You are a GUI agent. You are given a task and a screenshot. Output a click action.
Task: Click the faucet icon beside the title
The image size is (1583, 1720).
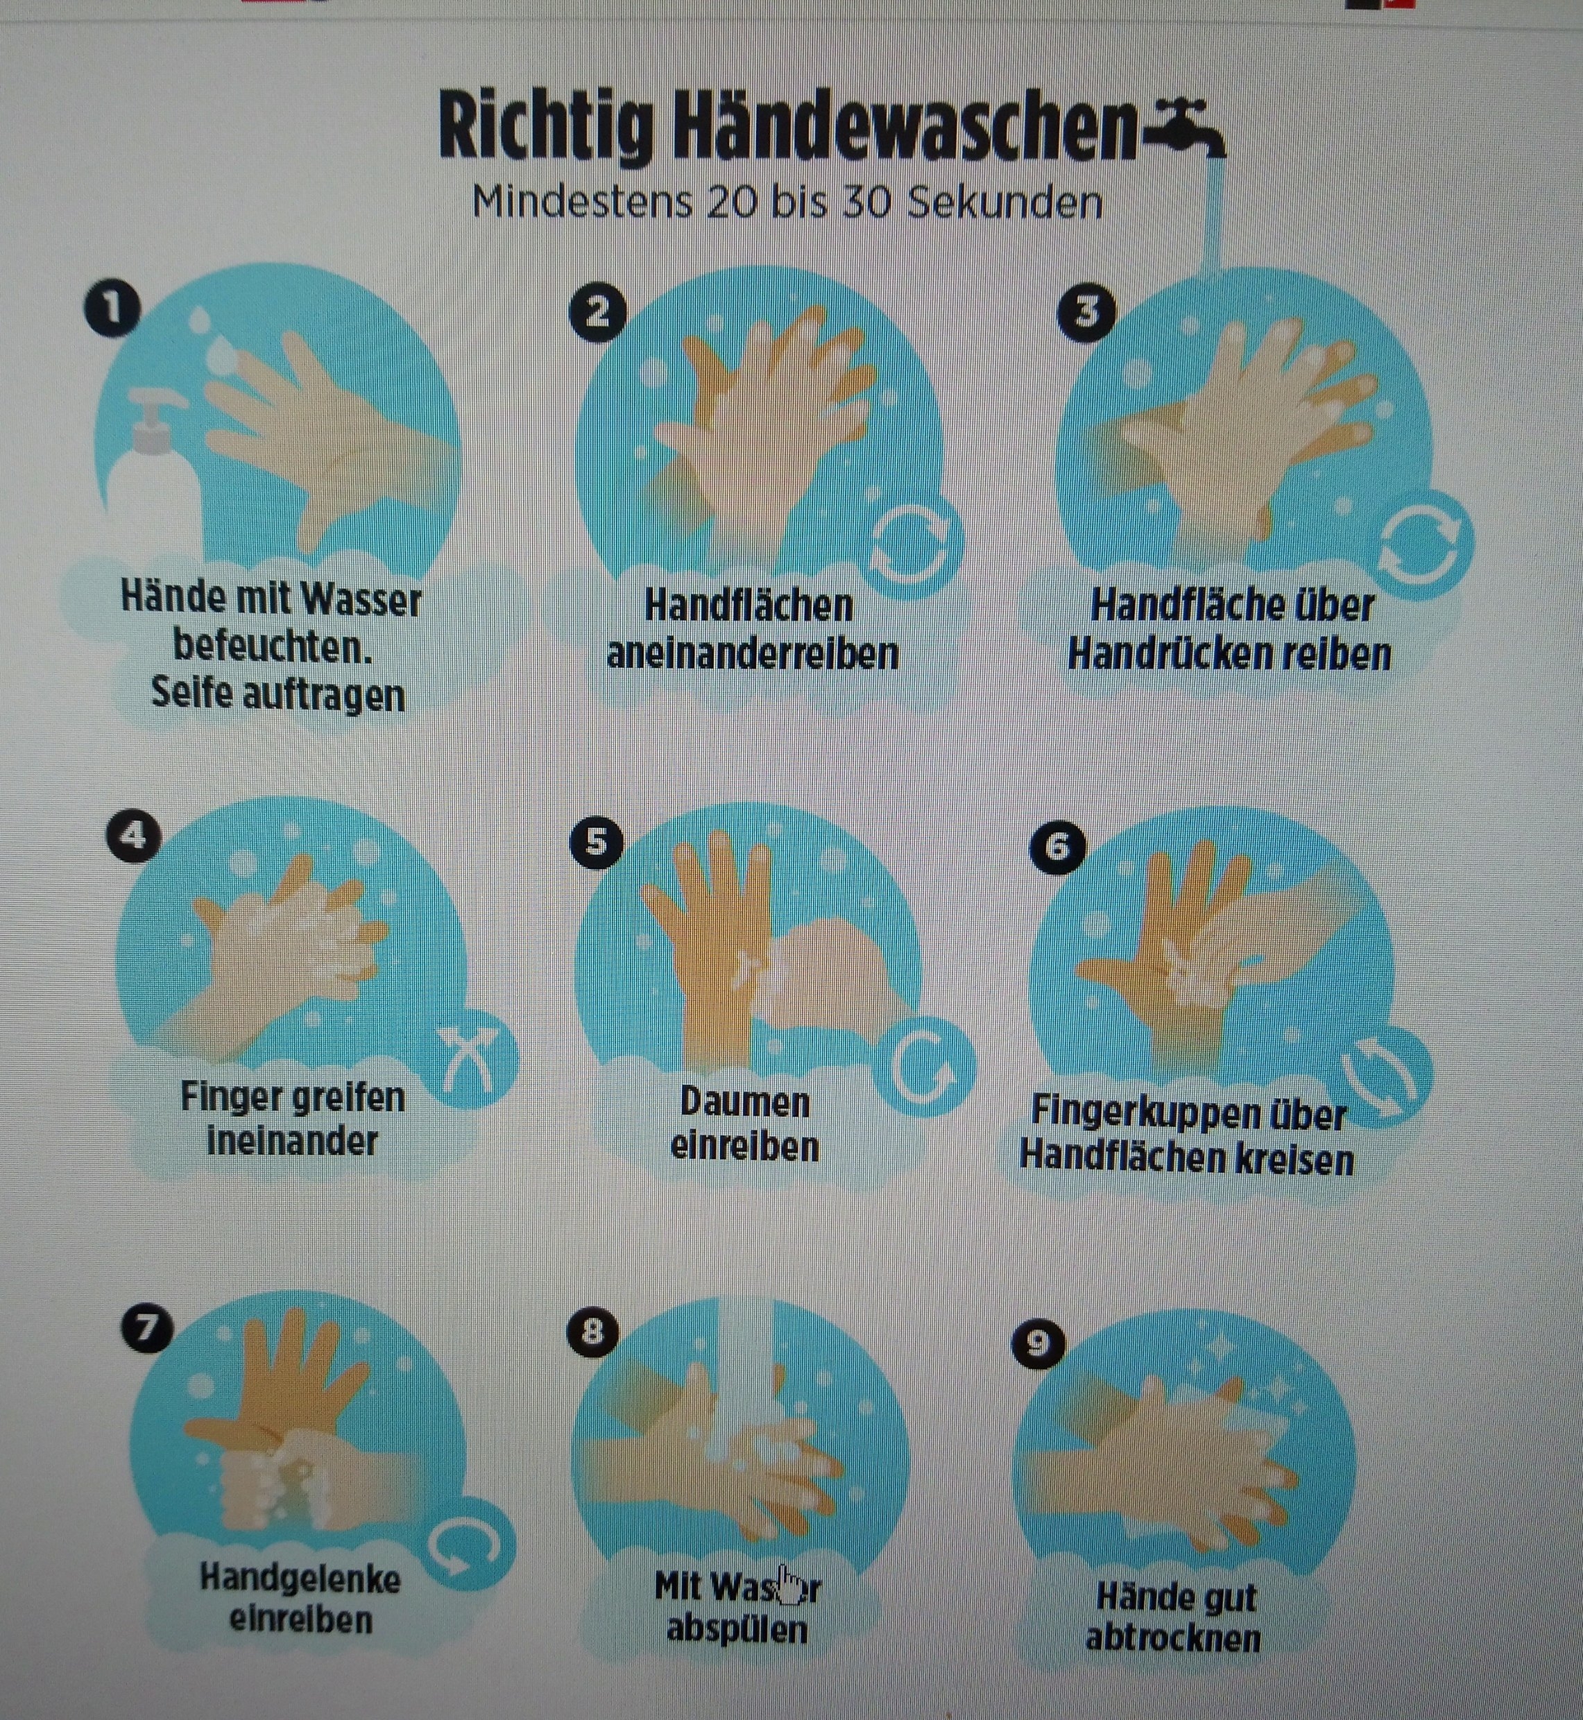1186,128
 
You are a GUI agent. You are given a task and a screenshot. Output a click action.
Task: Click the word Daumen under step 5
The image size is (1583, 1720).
744,1103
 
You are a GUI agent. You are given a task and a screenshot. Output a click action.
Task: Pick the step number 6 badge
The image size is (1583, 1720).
1057,846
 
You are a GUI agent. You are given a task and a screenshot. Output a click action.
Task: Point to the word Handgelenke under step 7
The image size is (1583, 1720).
300,1578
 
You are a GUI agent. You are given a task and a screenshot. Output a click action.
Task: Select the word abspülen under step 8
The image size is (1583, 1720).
737,1628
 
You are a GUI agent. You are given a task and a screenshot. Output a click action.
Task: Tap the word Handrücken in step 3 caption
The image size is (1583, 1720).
1174,656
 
